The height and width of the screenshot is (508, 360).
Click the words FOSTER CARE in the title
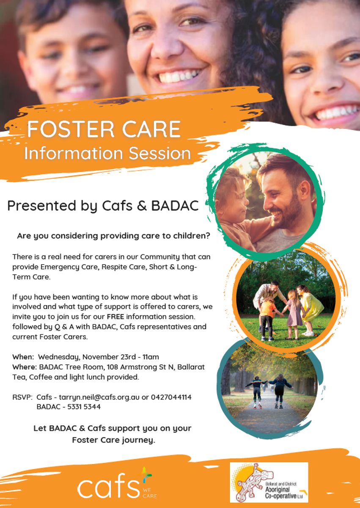(x=104, y=129)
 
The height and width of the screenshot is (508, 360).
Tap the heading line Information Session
(x=107, y=154)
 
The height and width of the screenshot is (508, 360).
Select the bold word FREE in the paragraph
(x=115, y=316)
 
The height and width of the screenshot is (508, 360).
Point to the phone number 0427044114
(x=171, y=397)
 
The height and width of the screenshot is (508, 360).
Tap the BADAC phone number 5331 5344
(x=84, y=407)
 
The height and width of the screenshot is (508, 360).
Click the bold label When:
(x=23, y=357)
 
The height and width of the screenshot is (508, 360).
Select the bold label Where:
(x=25, y=367)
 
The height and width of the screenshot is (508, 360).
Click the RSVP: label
(x=23, y=397)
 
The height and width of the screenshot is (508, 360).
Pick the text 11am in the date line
(x=151, y=357)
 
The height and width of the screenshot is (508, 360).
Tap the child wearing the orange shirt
(x=267, y=318)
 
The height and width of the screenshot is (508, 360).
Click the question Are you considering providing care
(x=113, y=236)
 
